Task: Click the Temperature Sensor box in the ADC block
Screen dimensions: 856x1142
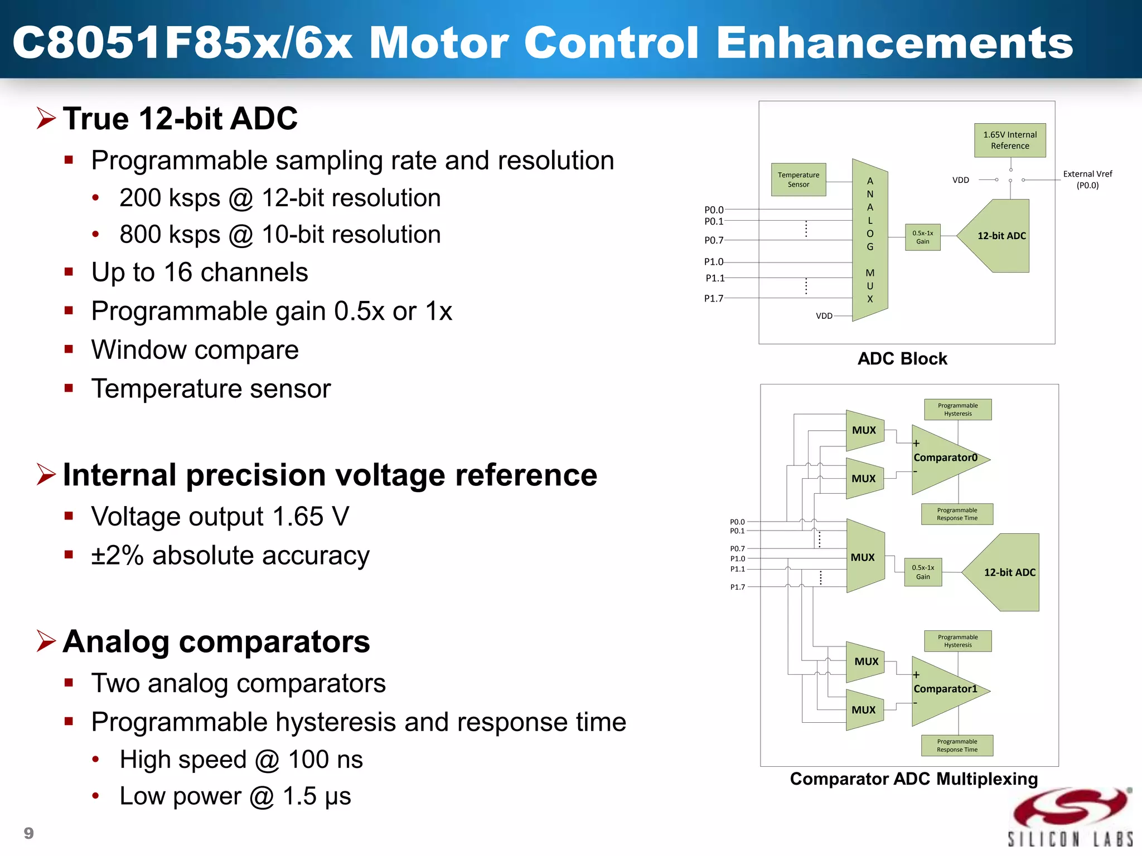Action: [798, 179]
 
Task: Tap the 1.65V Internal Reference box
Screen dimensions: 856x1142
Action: [1010, 140]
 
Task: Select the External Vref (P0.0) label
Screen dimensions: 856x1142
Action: [1087, 179]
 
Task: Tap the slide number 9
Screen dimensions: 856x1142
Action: [29, 833]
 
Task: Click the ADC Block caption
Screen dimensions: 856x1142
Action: [902, 359]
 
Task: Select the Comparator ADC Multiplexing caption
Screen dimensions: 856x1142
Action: [913, 779]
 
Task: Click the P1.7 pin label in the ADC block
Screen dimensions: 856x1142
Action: [714, 298]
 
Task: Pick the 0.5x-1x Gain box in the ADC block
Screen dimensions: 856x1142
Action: [922, 237]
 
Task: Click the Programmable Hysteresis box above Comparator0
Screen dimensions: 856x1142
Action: [957, 410]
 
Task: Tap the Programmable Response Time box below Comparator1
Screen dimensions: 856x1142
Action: [957, 746]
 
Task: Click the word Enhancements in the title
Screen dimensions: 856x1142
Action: [894, 42]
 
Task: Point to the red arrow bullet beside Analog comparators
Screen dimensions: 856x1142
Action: [46, 641]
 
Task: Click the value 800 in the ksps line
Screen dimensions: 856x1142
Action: [140, 235]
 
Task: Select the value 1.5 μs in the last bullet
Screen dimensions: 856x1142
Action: [317, 796]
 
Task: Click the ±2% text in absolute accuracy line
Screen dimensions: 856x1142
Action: [118, 556]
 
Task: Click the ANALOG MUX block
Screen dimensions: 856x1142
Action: [870, 240]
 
